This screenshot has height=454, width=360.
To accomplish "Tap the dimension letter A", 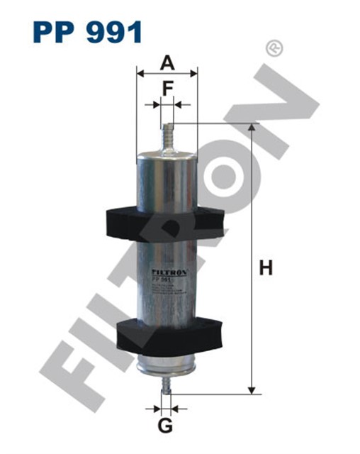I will click(x=167, y=63).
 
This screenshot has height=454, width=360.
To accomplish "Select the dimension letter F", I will click(x=167, y=88).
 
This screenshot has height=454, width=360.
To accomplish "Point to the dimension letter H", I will click(x=265, y=268).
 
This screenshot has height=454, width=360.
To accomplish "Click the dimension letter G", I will click(x=165, y=426).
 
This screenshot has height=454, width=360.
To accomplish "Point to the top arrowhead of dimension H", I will click(x=251, y=128).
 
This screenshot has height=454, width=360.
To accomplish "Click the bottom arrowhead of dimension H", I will click(x=251, y=389).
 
